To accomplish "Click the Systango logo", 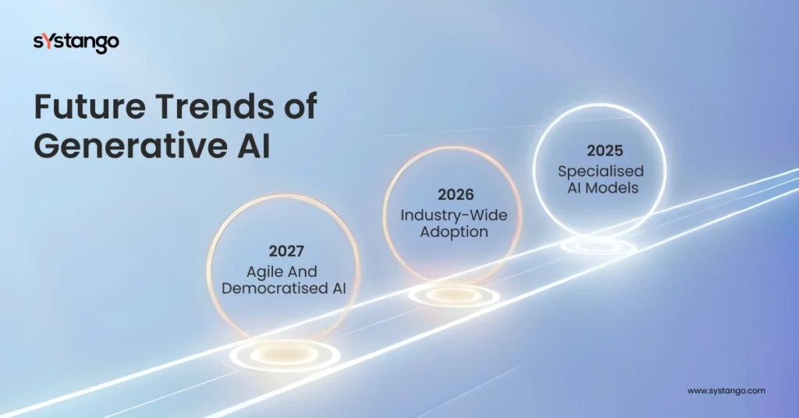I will click(x=76, y=42).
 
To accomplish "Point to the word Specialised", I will click(x=601, y=171).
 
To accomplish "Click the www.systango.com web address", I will click(x=726, y=390).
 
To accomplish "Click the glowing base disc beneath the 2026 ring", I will click(x=453, y=295).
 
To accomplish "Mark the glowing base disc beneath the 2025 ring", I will click(x=598, y=246).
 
